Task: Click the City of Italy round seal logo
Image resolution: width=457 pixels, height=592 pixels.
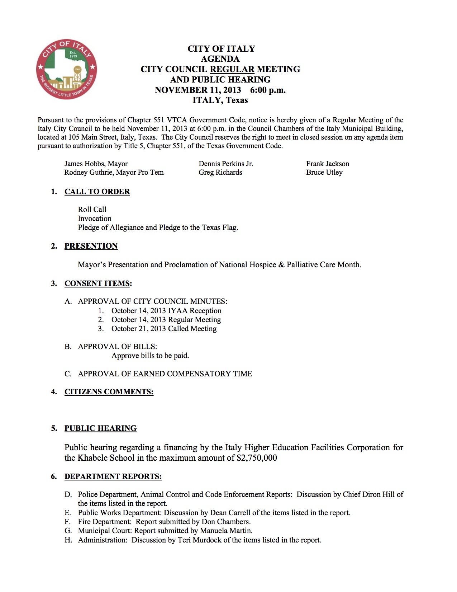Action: tap(67, 69)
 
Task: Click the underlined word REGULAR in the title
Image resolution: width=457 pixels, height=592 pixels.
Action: tap(232, 69)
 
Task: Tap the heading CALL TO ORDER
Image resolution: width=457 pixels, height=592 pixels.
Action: tap(97, 192)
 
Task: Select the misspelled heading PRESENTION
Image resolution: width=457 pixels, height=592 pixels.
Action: tap(91, 246)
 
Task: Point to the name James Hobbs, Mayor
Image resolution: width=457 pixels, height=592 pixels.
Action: tap(96, 164)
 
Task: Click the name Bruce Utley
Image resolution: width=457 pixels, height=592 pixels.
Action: tap(324, 173)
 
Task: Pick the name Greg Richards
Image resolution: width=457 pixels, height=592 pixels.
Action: tap(220, 173)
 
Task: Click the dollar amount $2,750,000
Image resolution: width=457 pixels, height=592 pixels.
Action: tap(257, 458)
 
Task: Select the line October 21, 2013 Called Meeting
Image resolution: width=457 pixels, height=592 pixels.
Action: tap(164, 329)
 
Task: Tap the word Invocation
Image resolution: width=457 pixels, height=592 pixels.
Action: tap(95, 219)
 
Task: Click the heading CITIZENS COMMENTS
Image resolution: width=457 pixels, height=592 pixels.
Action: tap(109, 392)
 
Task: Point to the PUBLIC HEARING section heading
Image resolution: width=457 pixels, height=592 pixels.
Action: tap(100, 428)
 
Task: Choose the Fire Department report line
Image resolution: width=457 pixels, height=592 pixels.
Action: tap(164, 522)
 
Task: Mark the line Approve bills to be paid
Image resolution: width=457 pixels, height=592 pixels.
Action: tap(150, 356)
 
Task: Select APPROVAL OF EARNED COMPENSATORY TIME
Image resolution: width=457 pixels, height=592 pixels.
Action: tap(165, 374)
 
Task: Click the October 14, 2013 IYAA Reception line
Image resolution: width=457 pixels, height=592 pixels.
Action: tap(166, 311)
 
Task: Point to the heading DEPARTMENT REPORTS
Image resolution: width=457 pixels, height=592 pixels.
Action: tap(113, 476)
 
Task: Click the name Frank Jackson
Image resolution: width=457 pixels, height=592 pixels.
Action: tap(327, 164)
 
